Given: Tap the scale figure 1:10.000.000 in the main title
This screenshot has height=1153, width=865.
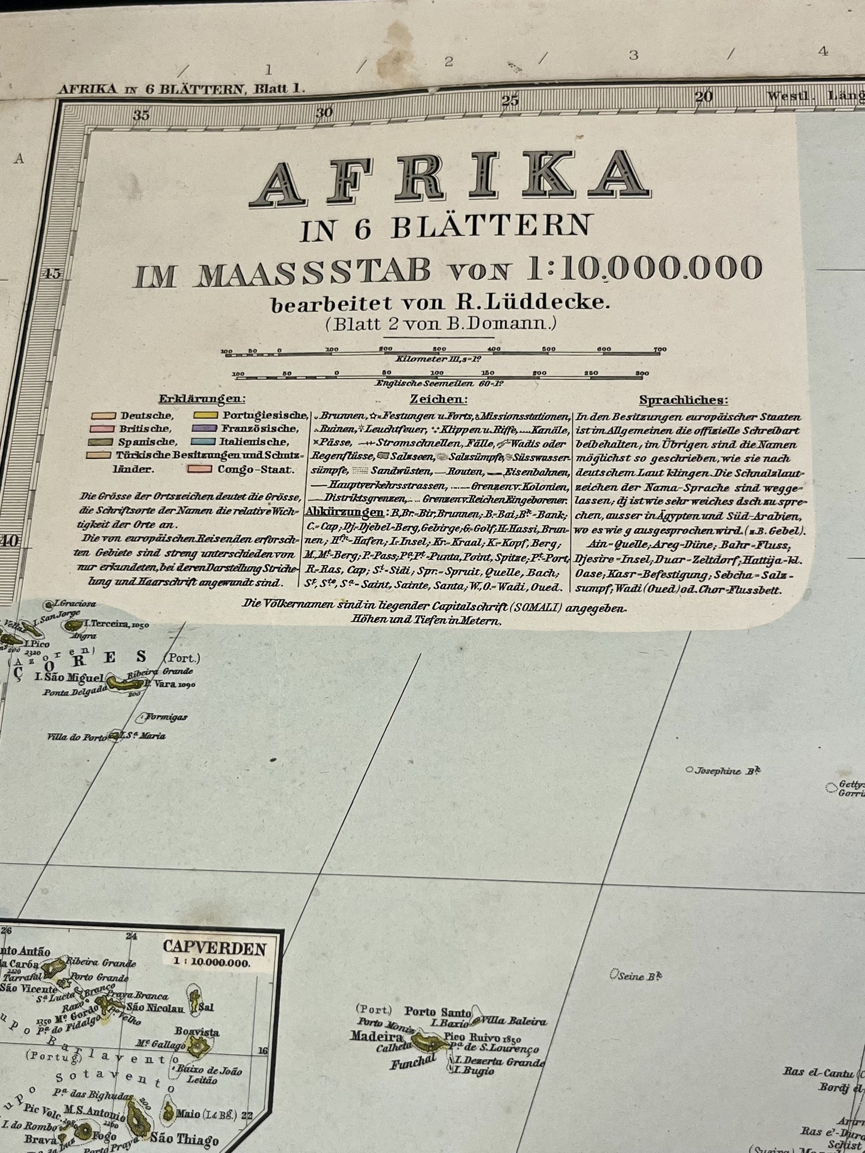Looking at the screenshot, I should [644, 269].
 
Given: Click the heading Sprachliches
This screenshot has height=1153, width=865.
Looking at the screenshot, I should [684, 400].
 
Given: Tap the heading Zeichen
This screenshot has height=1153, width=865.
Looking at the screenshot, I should [439, 399].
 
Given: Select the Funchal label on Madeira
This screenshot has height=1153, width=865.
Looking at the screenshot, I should [413, 1063].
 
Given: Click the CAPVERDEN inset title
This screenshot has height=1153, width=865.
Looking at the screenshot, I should [214, 948].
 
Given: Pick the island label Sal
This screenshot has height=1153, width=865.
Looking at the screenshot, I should [205, 1007].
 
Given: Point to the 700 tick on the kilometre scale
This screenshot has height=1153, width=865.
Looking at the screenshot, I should [659, 349].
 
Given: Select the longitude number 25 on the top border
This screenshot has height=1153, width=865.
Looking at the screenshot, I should [509, 101].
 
